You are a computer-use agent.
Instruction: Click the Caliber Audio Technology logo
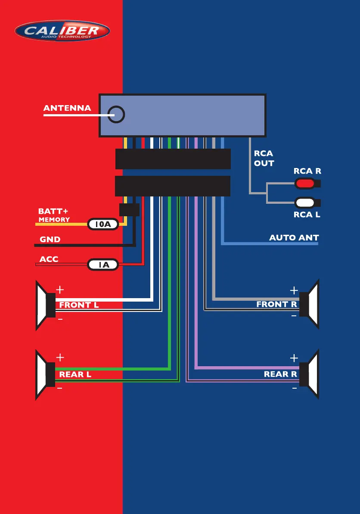62,31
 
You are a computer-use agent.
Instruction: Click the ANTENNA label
67,108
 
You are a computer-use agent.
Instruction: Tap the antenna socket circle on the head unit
116,115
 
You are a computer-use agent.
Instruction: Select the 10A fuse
103,224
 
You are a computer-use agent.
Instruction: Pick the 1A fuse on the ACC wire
103,265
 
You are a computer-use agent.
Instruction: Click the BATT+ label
53,212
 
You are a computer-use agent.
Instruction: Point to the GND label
50,240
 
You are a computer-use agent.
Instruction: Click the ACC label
49,259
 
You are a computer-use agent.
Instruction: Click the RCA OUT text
264,158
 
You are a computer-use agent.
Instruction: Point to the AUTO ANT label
294,237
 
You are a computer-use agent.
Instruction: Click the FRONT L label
79,305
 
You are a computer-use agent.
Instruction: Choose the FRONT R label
277,305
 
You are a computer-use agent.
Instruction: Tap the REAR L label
75,374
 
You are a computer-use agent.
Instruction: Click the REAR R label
280,374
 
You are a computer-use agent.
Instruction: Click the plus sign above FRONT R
294,290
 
